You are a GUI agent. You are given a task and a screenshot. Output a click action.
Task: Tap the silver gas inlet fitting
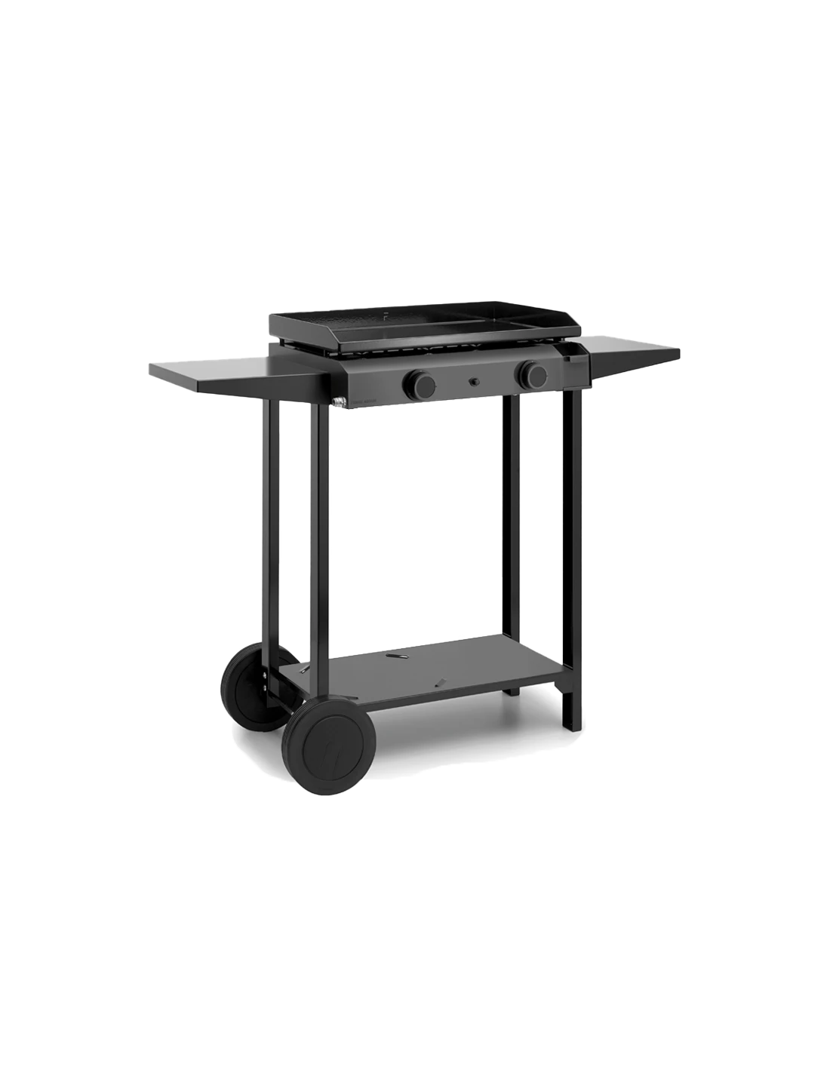click(x=340, y=402)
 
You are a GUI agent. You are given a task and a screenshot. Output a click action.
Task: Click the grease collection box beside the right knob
click(x=575, y=370)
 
